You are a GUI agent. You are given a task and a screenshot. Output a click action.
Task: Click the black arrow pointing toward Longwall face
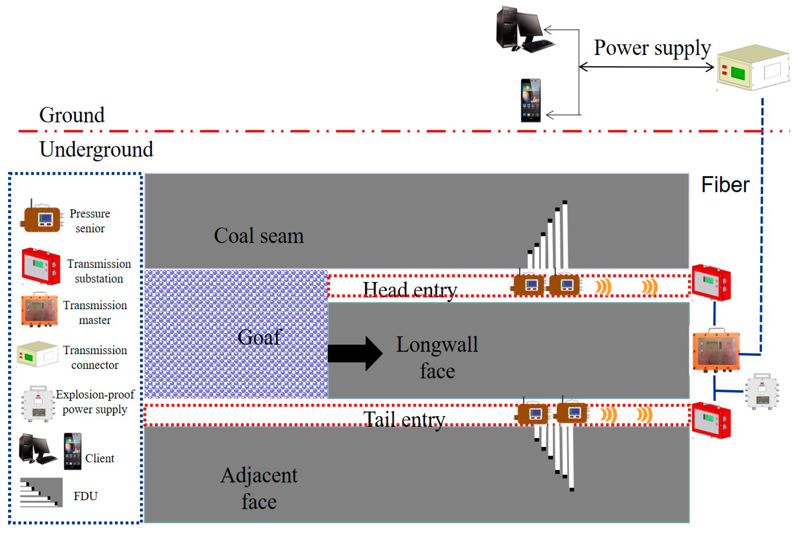pyautogui.click(x=353, y=353)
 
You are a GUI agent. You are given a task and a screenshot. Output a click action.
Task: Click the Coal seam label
pyautogui.click(x=258, y=236)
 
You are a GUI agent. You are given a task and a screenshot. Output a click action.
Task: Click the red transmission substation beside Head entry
pyautogui.click(x=711, y=282)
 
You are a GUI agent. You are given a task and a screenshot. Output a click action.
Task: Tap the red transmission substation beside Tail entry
pyautogui.click(x=711, y=420)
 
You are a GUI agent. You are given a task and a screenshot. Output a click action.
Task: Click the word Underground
pyautogui.click(x=96, y=149)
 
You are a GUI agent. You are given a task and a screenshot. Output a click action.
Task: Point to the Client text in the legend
pyautogui.click(x=99, y=458)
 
